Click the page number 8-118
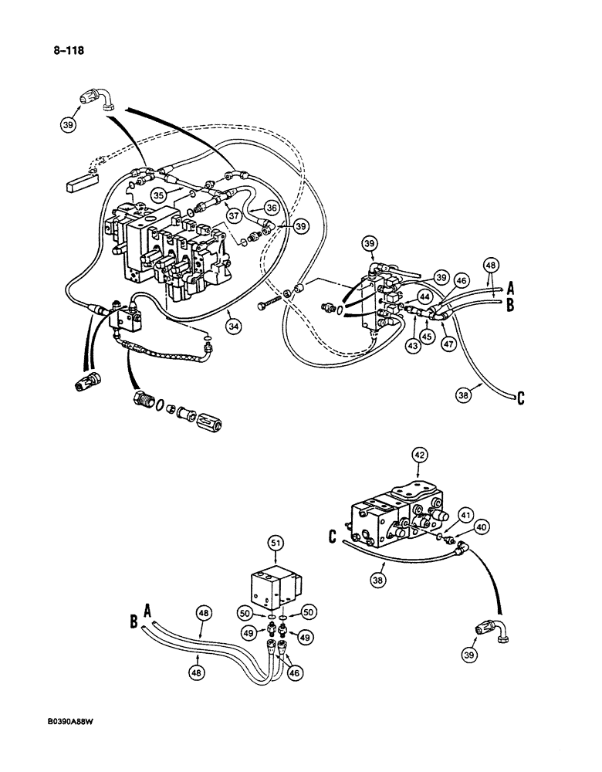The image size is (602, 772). pyautogui.click(x=67, y=52)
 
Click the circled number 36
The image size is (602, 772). pyautogui.click(x=272, y=207)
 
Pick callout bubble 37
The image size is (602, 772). pyautogui.click(x=232, y=213)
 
